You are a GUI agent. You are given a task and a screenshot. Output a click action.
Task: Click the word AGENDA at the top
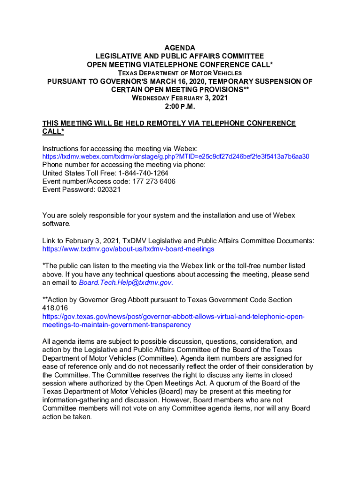pyautogui.click(x=180, y=48)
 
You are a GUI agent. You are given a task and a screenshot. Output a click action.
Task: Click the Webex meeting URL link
pyautogui.click(x=176, y=156)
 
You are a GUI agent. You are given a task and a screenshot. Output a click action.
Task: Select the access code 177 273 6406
pyautogui.click(x=151, y=181)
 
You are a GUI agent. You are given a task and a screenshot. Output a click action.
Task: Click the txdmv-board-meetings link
pyautogui.click(x=128, y=249)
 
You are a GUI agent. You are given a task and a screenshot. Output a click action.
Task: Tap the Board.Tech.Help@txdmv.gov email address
pyautogui.click(x=126, y=283)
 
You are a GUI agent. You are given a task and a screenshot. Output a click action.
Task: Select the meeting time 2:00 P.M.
pyautogui.click(x=180, y=107)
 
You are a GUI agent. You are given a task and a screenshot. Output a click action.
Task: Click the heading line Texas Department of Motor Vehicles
pyautogui.click(x=180, y=73)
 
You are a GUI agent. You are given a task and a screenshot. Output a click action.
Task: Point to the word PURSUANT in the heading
pyautogui.click(x=68, y=81)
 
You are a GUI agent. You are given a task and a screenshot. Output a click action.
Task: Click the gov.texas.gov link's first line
pyautogui.click(x=173, y=317)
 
